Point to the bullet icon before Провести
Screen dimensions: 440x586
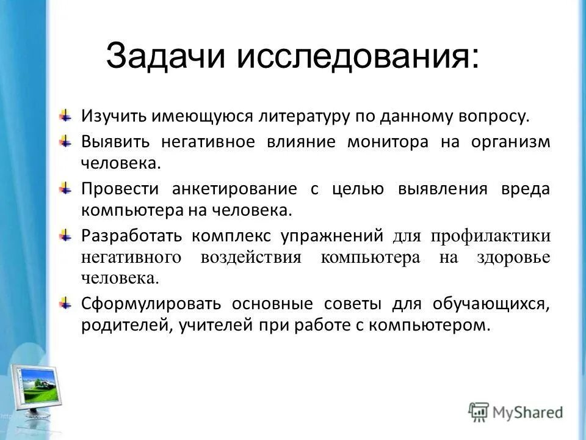tap(64, 188)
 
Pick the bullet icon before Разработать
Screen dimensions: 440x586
tap(64, 235)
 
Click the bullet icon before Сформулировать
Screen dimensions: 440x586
tap(64, 303)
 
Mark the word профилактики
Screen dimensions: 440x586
tap(491, 235)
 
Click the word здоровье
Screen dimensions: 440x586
tap(513, 257)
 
